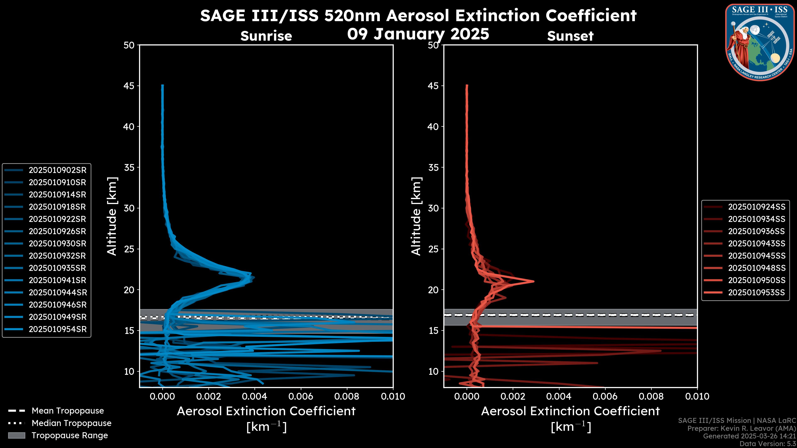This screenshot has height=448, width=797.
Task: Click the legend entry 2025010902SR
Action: coord(57,170)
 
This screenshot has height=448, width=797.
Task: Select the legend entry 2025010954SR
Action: coord(57,329)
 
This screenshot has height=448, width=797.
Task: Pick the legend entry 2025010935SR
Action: coord(57,268)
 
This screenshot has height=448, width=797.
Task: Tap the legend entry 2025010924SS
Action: coord(757,207)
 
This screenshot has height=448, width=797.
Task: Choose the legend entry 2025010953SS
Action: coord(757,292)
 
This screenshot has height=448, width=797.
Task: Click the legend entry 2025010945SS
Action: coord(757,256)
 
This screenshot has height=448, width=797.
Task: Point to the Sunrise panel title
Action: coord(266,36)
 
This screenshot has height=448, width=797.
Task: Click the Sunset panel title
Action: coord(570,36)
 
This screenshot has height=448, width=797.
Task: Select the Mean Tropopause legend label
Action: coord(68,411)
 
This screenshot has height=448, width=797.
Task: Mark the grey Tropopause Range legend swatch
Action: coord(16,435)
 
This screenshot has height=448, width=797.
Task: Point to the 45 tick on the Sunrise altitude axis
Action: coord(129,86)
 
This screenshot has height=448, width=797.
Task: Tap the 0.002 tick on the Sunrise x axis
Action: coord(209,396)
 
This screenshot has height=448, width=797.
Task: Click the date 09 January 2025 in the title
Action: coord(418,34)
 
